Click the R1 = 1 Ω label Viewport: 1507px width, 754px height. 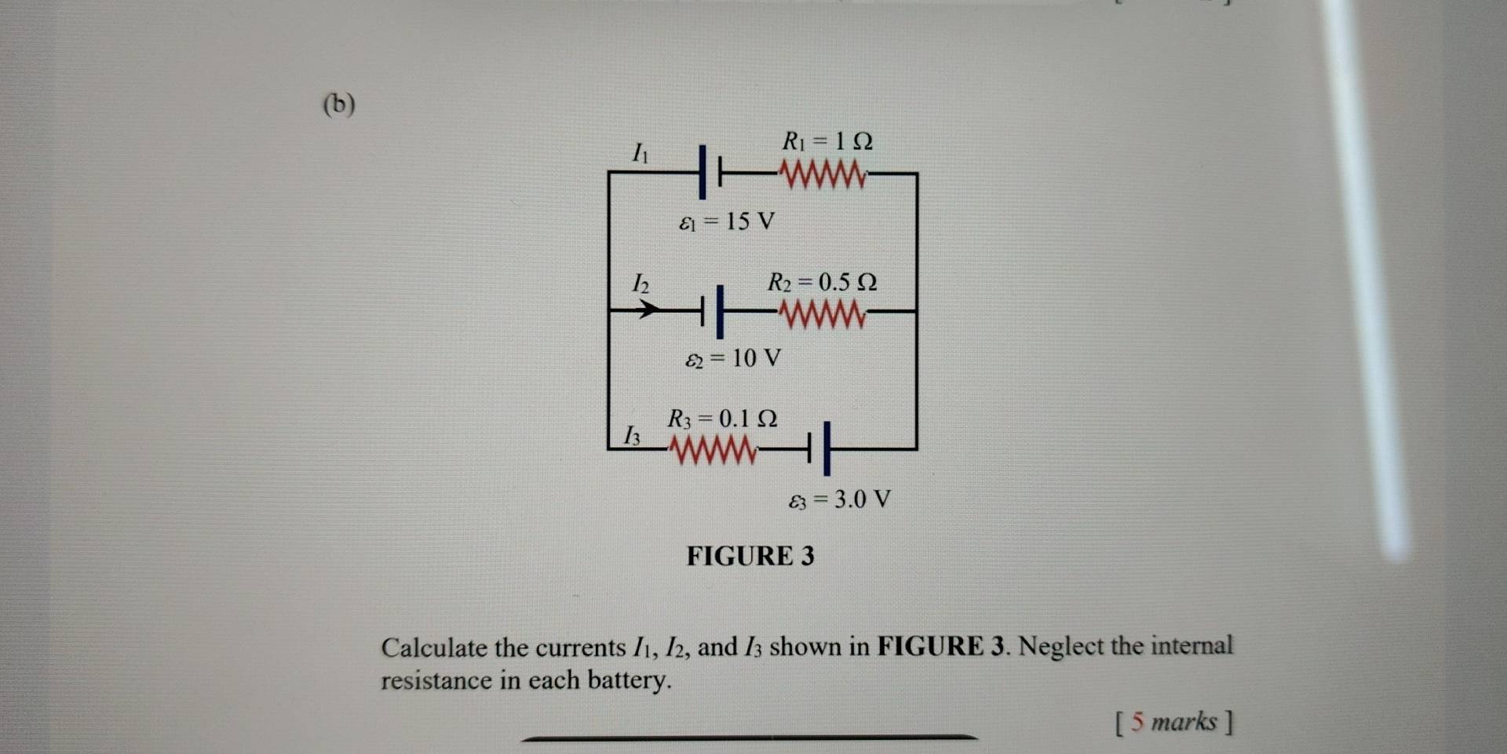(x=827, y=141)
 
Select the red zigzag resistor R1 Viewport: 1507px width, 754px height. (x=823, y=174)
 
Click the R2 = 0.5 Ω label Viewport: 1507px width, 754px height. (x=822, y=282)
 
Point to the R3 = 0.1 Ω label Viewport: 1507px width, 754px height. (x=722, y=419)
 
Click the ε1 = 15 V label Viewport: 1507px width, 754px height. (x=727, y=222)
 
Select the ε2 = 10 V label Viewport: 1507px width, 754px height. (x=733, y=359)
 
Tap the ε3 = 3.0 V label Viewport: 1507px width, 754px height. (x=840, y=500)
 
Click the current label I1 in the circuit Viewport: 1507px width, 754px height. (x=640, y=152)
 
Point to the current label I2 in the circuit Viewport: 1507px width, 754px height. (x=640, y=283)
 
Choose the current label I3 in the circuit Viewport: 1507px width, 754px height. (x=631, y=435)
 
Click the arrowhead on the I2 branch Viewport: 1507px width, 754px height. (x=647, y=310)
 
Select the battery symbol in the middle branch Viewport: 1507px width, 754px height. (x=713, y=311)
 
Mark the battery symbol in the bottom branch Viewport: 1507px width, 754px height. (x=818, y=449)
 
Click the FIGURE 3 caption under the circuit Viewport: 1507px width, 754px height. (x=750, y=556)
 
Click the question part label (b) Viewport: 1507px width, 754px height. (x=339, y=104)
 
